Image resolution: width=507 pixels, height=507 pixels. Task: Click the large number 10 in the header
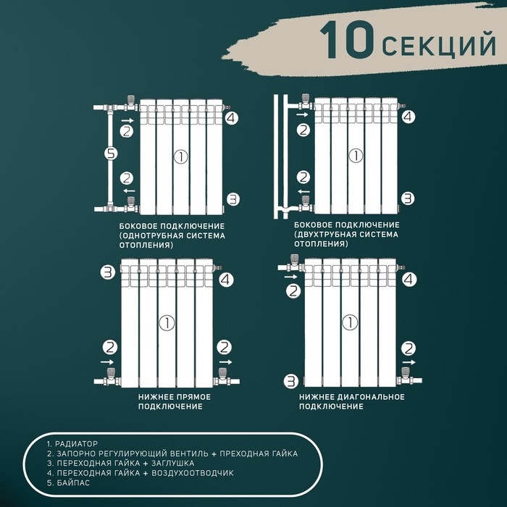tap(348, 41)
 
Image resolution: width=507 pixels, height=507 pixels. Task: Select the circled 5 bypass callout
tap(110, 154)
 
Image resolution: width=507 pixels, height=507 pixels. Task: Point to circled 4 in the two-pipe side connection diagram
tap(408, 116)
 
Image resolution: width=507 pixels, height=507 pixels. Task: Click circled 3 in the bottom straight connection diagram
tap(108, 272)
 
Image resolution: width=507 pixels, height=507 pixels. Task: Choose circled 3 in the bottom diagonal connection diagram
tap(290, 380)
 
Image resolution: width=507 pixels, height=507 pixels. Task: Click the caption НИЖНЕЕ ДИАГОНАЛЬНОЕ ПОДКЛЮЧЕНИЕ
tap(351, 401)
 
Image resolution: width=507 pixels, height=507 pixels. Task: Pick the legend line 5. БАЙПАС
tap(68, 483)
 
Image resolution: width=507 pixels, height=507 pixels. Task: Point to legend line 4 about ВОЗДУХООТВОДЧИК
tap(140, 473)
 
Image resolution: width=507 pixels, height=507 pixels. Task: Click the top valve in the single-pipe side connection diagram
tap(130, 105)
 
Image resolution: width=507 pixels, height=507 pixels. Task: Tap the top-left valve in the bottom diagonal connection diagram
tap(294, 264)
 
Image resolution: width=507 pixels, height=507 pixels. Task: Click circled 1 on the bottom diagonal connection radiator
tap(351, 322)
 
